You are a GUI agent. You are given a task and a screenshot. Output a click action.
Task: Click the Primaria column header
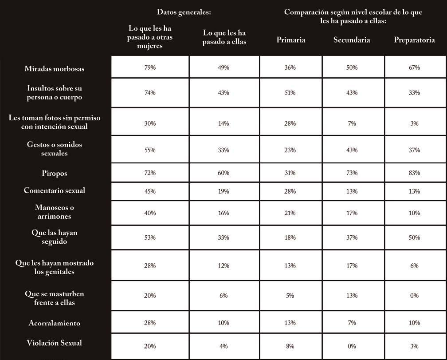[x=291, y=40]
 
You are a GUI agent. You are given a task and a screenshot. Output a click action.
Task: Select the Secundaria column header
[x=352, y=40]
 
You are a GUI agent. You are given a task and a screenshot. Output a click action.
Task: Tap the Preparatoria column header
[x=414, y=40]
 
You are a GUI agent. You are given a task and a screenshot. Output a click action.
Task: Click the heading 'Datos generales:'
[x=184, y=12]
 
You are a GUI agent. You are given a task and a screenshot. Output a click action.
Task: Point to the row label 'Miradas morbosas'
[x=55, y=68]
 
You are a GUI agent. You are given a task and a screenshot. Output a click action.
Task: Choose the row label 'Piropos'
[x=55, y=173]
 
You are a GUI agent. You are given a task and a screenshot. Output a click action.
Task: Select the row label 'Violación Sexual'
[x=55, y=343]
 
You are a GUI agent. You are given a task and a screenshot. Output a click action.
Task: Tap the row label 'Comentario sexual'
[x=55, y=190]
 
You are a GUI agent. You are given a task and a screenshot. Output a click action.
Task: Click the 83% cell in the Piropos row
[x=414, y=173]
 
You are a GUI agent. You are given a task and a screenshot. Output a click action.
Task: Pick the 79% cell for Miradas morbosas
[x=150, y=67]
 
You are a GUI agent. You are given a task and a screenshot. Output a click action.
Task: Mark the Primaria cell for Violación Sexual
[x=290, y=346]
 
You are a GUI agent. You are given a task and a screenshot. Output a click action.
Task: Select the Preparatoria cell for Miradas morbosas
[x=414, y=67]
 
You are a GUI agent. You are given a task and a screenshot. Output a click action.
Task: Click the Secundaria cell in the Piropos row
[x=352, y=173]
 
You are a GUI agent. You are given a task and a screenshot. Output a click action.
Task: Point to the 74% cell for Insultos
[x=150, y=93]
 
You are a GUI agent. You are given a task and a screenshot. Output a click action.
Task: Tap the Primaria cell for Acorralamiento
[x=290, y=323]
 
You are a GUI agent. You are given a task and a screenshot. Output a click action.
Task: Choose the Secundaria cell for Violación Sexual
[x=352, y=346]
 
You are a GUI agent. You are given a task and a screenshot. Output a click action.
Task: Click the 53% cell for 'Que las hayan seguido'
[x=150, y=237]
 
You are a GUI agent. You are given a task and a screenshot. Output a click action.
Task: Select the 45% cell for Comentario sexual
[x=150, y=192]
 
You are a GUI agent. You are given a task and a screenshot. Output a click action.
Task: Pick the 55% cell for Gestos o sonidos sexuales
[x=150, y=150]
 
